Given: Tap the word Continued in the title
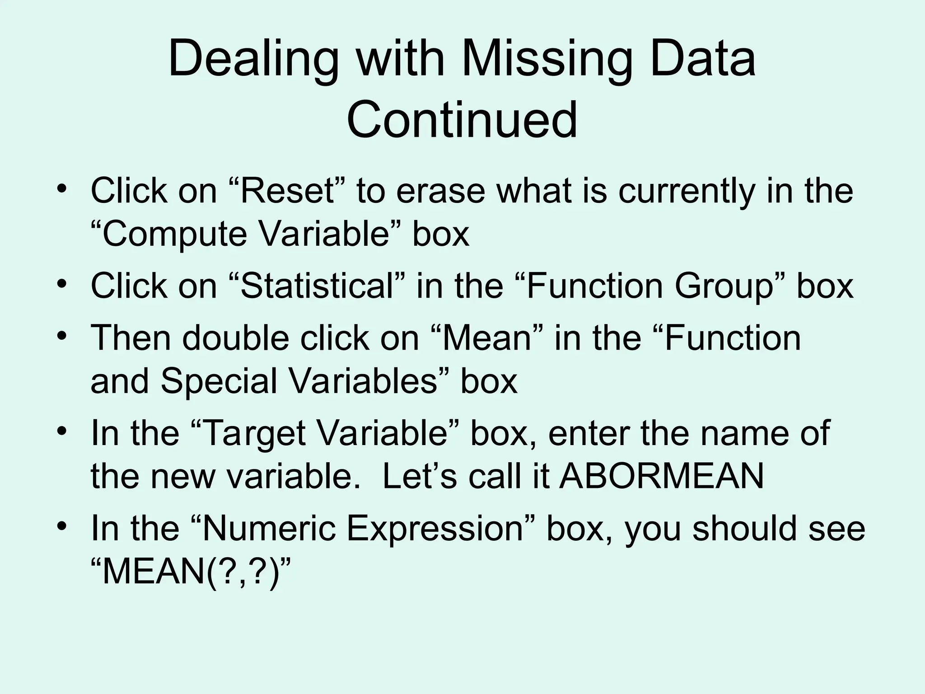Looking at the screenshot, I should point(462,120).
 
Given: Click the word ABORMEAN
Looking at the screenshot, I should point(661,476).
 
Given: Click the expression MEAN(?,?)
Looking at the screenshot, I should point(190,571).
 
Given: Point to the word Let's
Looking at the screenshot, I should point(420,476).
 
